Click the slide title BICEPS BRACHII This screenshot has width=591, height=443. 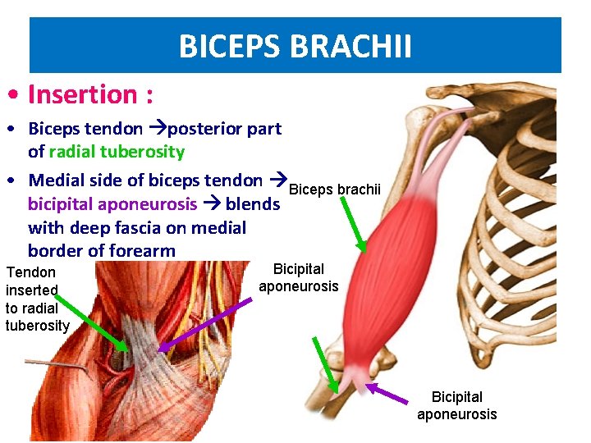pos(295,47)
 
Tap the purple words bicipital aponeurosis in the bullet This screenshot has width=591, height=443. pos(112,203)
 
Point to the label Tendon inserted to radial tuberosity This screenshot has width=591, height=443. pos(37,299)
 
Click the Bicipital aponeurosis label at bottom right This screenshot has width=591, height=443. pos(456,405)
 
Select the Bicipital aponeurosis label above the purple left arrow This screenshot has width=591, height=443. pos(298,277)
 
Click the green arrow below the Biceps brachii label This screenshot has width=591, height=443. pos(352,221)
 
